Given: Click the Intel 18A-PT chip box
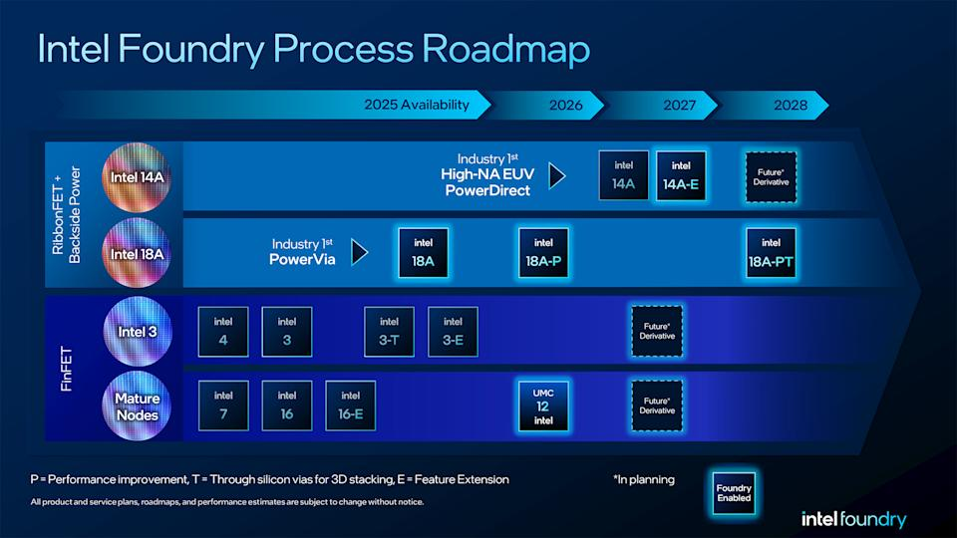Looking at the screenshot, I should [771, 253].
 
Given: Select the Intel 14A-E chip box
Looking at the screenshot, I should [681, 176].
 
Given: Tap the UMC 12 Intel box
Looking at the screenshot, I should [543, 405].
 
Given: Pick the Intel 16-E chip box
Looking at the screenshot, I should [351, 405].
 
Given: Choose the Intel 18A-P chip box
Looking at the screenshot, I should [543, 253].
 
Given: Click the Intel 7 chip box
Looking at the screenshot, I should [223, 405].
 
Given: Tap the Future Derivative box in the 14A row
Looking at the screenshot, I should [771, 176].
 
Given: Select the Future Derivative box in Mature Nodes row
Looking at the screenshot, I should [657, 405].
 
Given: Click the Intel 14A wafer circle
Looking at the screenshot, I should [138, 177].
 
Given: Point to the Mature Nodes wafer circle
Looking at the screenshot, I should [138, 405].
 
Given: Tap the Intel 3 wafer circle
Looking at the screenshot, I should [138, 331].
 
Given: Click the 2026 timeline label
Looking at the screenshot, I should [566, 104].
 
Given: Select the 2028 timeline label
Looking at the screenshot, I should [791, 104].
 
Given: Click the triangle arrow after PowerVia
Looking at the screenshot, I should [360, 252].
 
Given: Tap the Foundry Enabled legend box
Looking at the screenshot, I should [734, 492].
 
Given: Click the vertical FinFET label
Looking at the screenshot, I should [67, 367].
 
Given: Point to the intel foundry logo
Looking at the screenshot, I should [853, 519].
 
